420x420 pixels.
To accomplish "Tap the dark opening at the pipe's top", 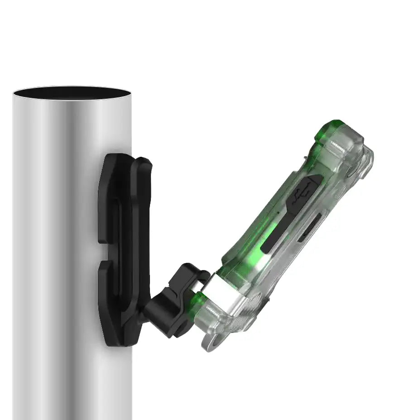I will coord(72,93).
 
